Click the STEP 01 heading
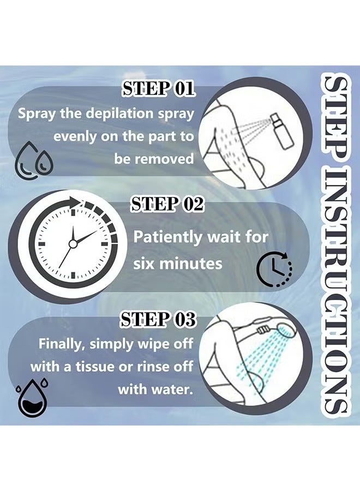(x=158, y=88)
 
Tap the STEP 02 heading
(x=167, y=205)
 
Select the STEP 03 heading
(x=158, y=319)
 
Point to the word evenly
(x=75, y=137)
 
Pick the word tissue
(x=95, y=367)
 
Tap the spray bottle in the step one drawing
(x=282, y=131)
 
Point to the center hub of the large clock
(x=73, y=244)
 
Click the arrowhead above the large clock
(x=75, y=202)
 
